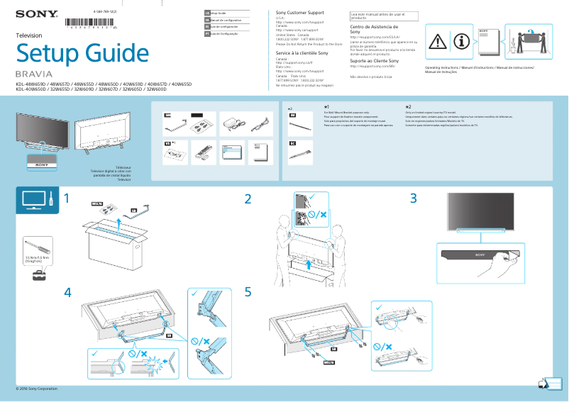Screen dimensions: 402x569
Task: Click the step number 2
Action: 248,200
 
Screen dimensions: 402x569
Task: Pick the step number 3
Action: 413,200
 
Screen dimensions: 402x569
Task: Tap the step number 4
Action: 67,292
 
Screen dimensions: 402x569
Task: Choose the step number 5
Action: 248,292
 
